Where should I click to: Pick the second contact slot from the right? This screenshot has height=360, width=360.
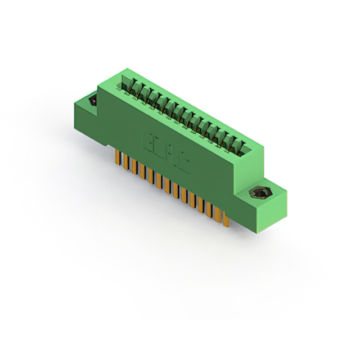235,145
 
